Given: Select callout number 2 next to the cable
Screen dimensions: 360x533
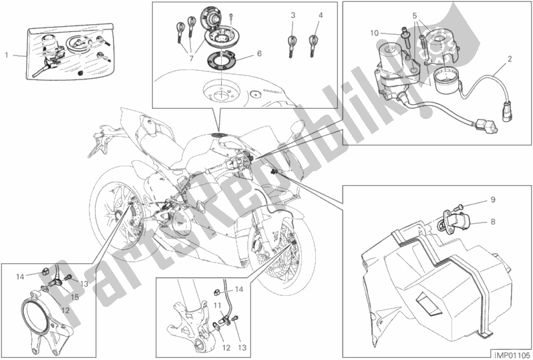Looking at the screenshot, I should pyautogui.click(x=509, y=59).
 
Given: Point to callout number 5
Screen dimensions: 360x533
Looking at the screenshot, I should pyautogui.click(x=415, y=15).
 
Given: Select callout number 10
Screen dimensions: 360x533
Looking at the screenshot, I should pyautogui.click(x=375, y=32).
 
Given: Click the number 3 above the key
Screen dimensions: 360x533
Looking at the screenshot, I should pyautogui.click(x=293, y=15).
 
